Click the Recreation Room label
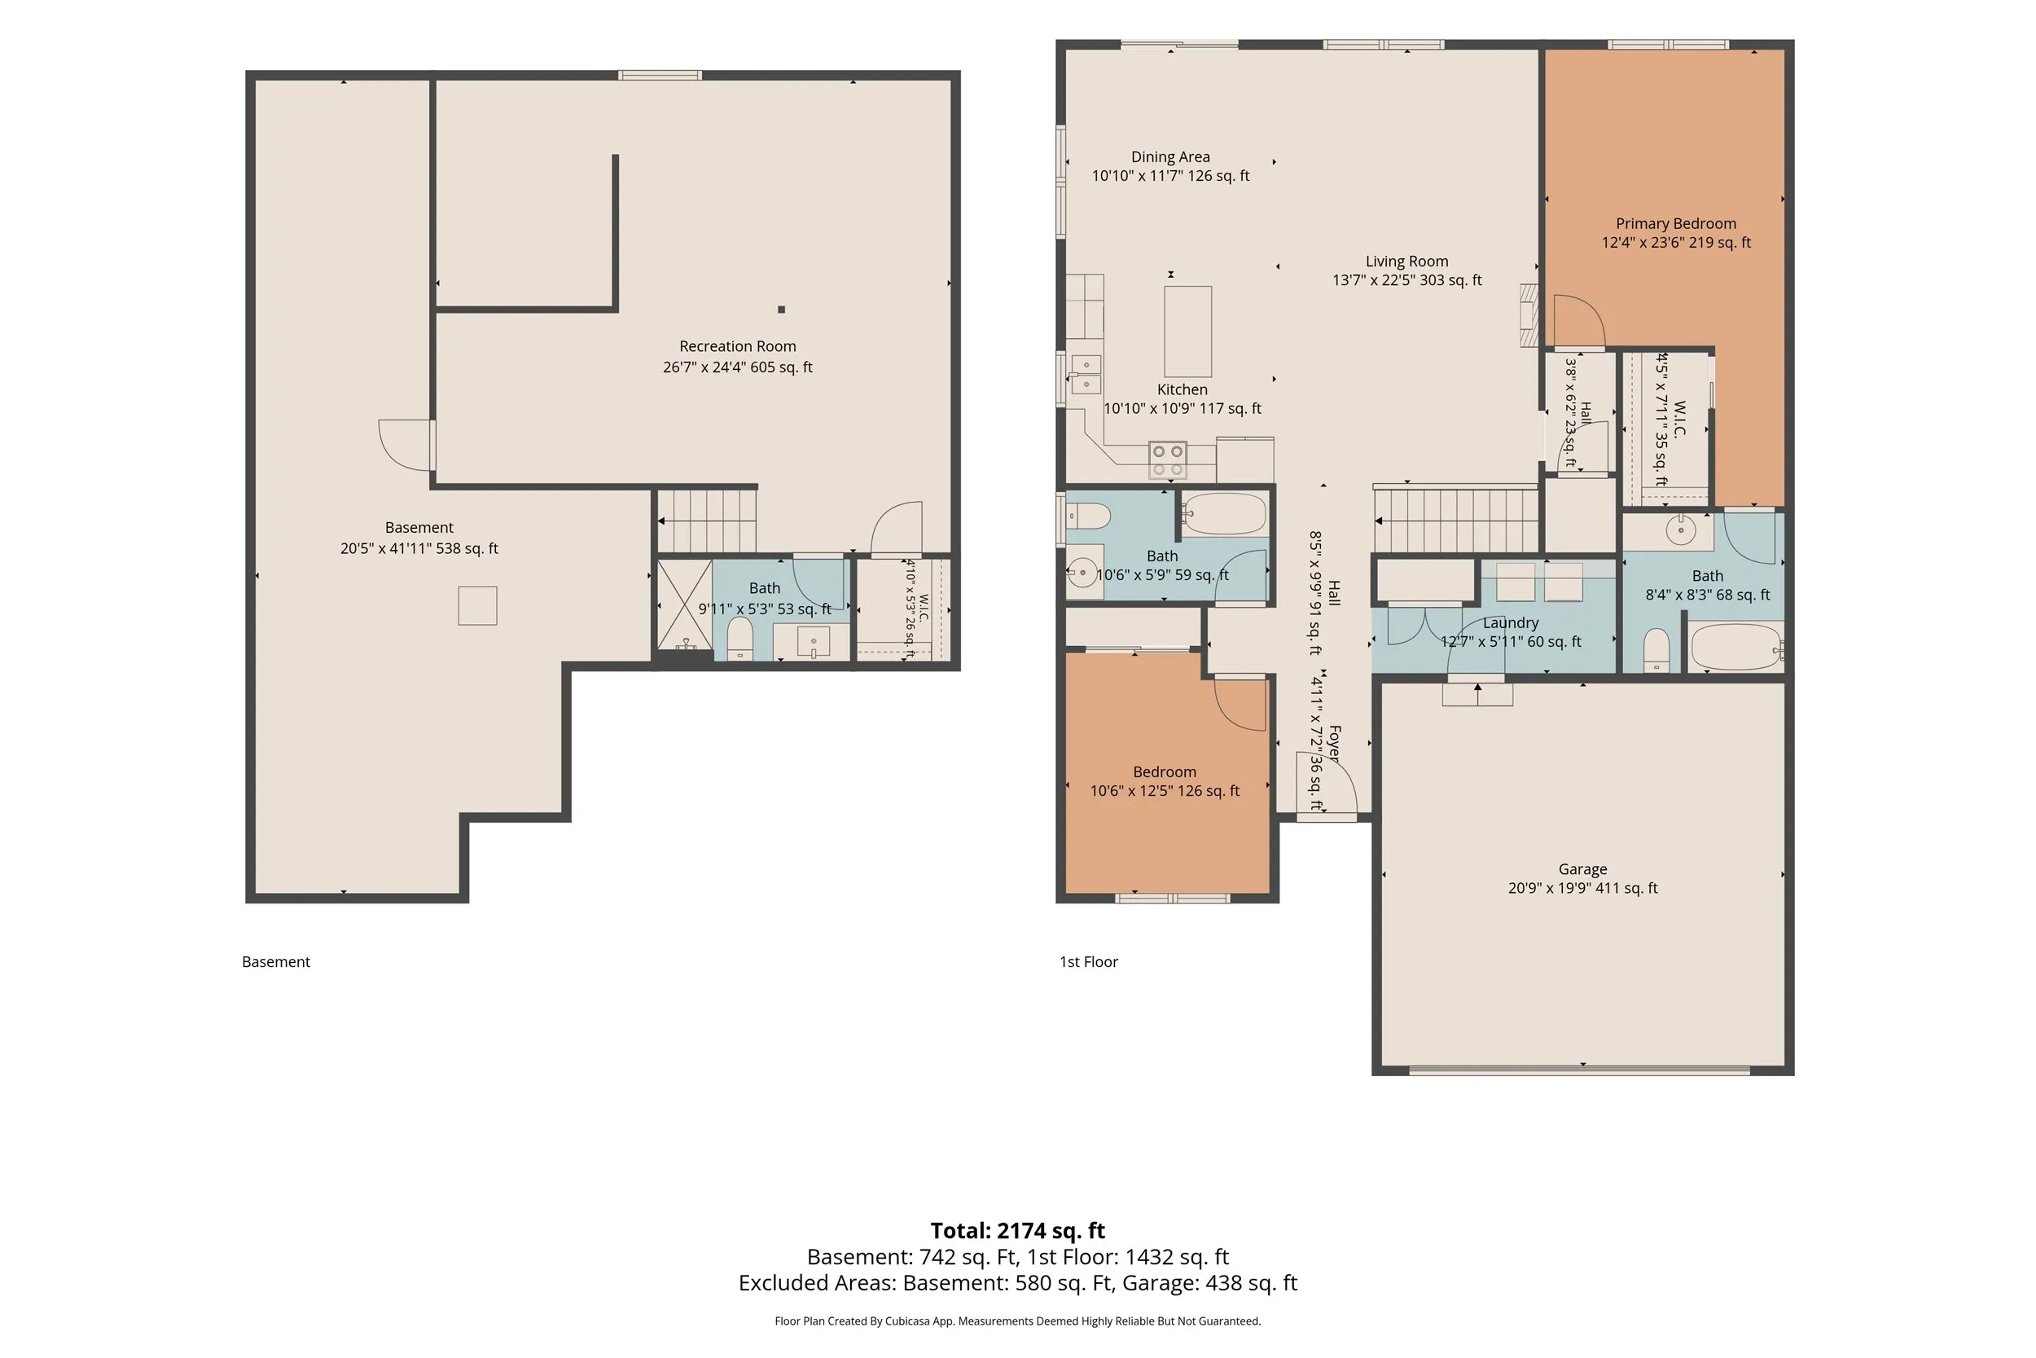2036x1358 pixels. pos(738,346)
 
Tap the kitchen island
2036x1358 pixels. pos(1187,331)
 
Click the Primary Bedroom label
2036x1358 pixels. pos(1676,223)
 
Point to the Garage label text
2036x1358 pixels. pos(1582,868)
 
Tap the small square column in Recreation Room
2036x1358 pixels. pos(782,310)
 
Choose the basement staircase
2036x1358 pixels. pos(707,521)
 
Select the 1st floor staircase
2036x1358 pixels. pos(1456,521)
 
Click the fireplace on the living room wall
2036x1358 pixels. pos(1529,315)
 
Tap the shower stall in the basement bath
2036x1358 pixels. pos(685,604)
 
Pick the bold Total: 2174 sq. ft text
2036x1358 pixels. pos(1018,1231)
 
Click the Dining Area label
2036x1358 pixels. pos(1170,156)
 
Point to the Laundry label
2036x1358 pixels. pos(1511,622)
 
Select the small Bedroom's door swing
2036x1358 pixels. pos(1241,703)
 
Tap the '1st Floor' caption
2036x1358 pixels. pos(1089,961)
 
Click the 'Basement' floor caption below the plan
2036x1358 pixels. pos(275,961)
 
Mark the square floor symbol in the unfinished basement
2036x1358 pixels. pos(478,605)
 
